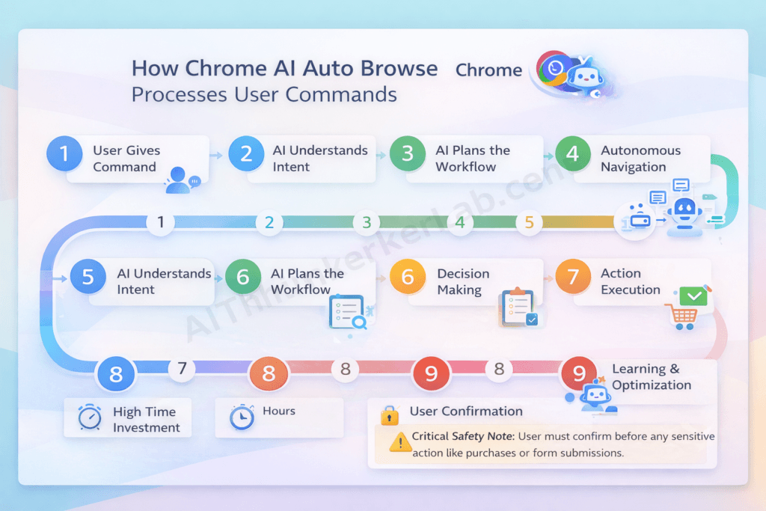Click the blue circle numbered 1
pyautogui.click(x=64, y=154)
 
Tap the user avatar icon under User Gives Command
pyautogui.click(x=179, y=180)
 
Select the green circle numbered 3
pyautogui.click(x=408, y=154)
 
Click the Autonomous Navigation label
pyautogui.click(x=640, y=159)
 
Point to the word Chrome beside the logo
pyautogui.click(x=488, y=70)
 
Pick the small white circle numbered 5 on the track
pyautogui.click(x=529, y=222)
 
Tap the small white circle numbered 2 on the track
pyautogui.click(x=269, y=222)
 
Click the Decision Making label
pyautogui.click(x=463, y=281)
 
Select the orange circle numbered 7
pyautogui.click(x=573, y=278)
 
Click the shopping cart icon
pyautogui.click(x=681, y=316)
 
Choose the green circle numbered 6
pyautogui.click(x=243, y=278)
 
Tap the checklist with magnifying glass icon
pyautogui.click(x=346, y=313)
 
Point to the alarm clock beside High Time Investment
pyautogui.click(x=90, y=417)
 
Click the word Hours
pyautogui.click(x=278, y=411)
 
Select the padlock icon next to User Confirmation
pyautogui.click(x=388, y=414)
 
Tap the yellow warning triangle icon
pyautogui.click(x=399, y=442)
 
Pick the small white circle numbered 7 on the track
pyautogui.click(x=182, y=368)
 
